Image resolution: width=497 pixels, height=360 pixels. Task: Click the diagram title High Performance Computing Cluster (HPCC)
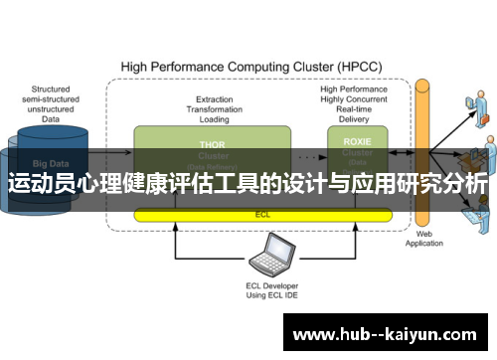click(x=248, y=68)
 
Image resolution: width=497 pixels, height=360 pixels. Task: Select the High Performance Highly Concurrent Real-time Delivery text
click(x=353, y=104)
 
